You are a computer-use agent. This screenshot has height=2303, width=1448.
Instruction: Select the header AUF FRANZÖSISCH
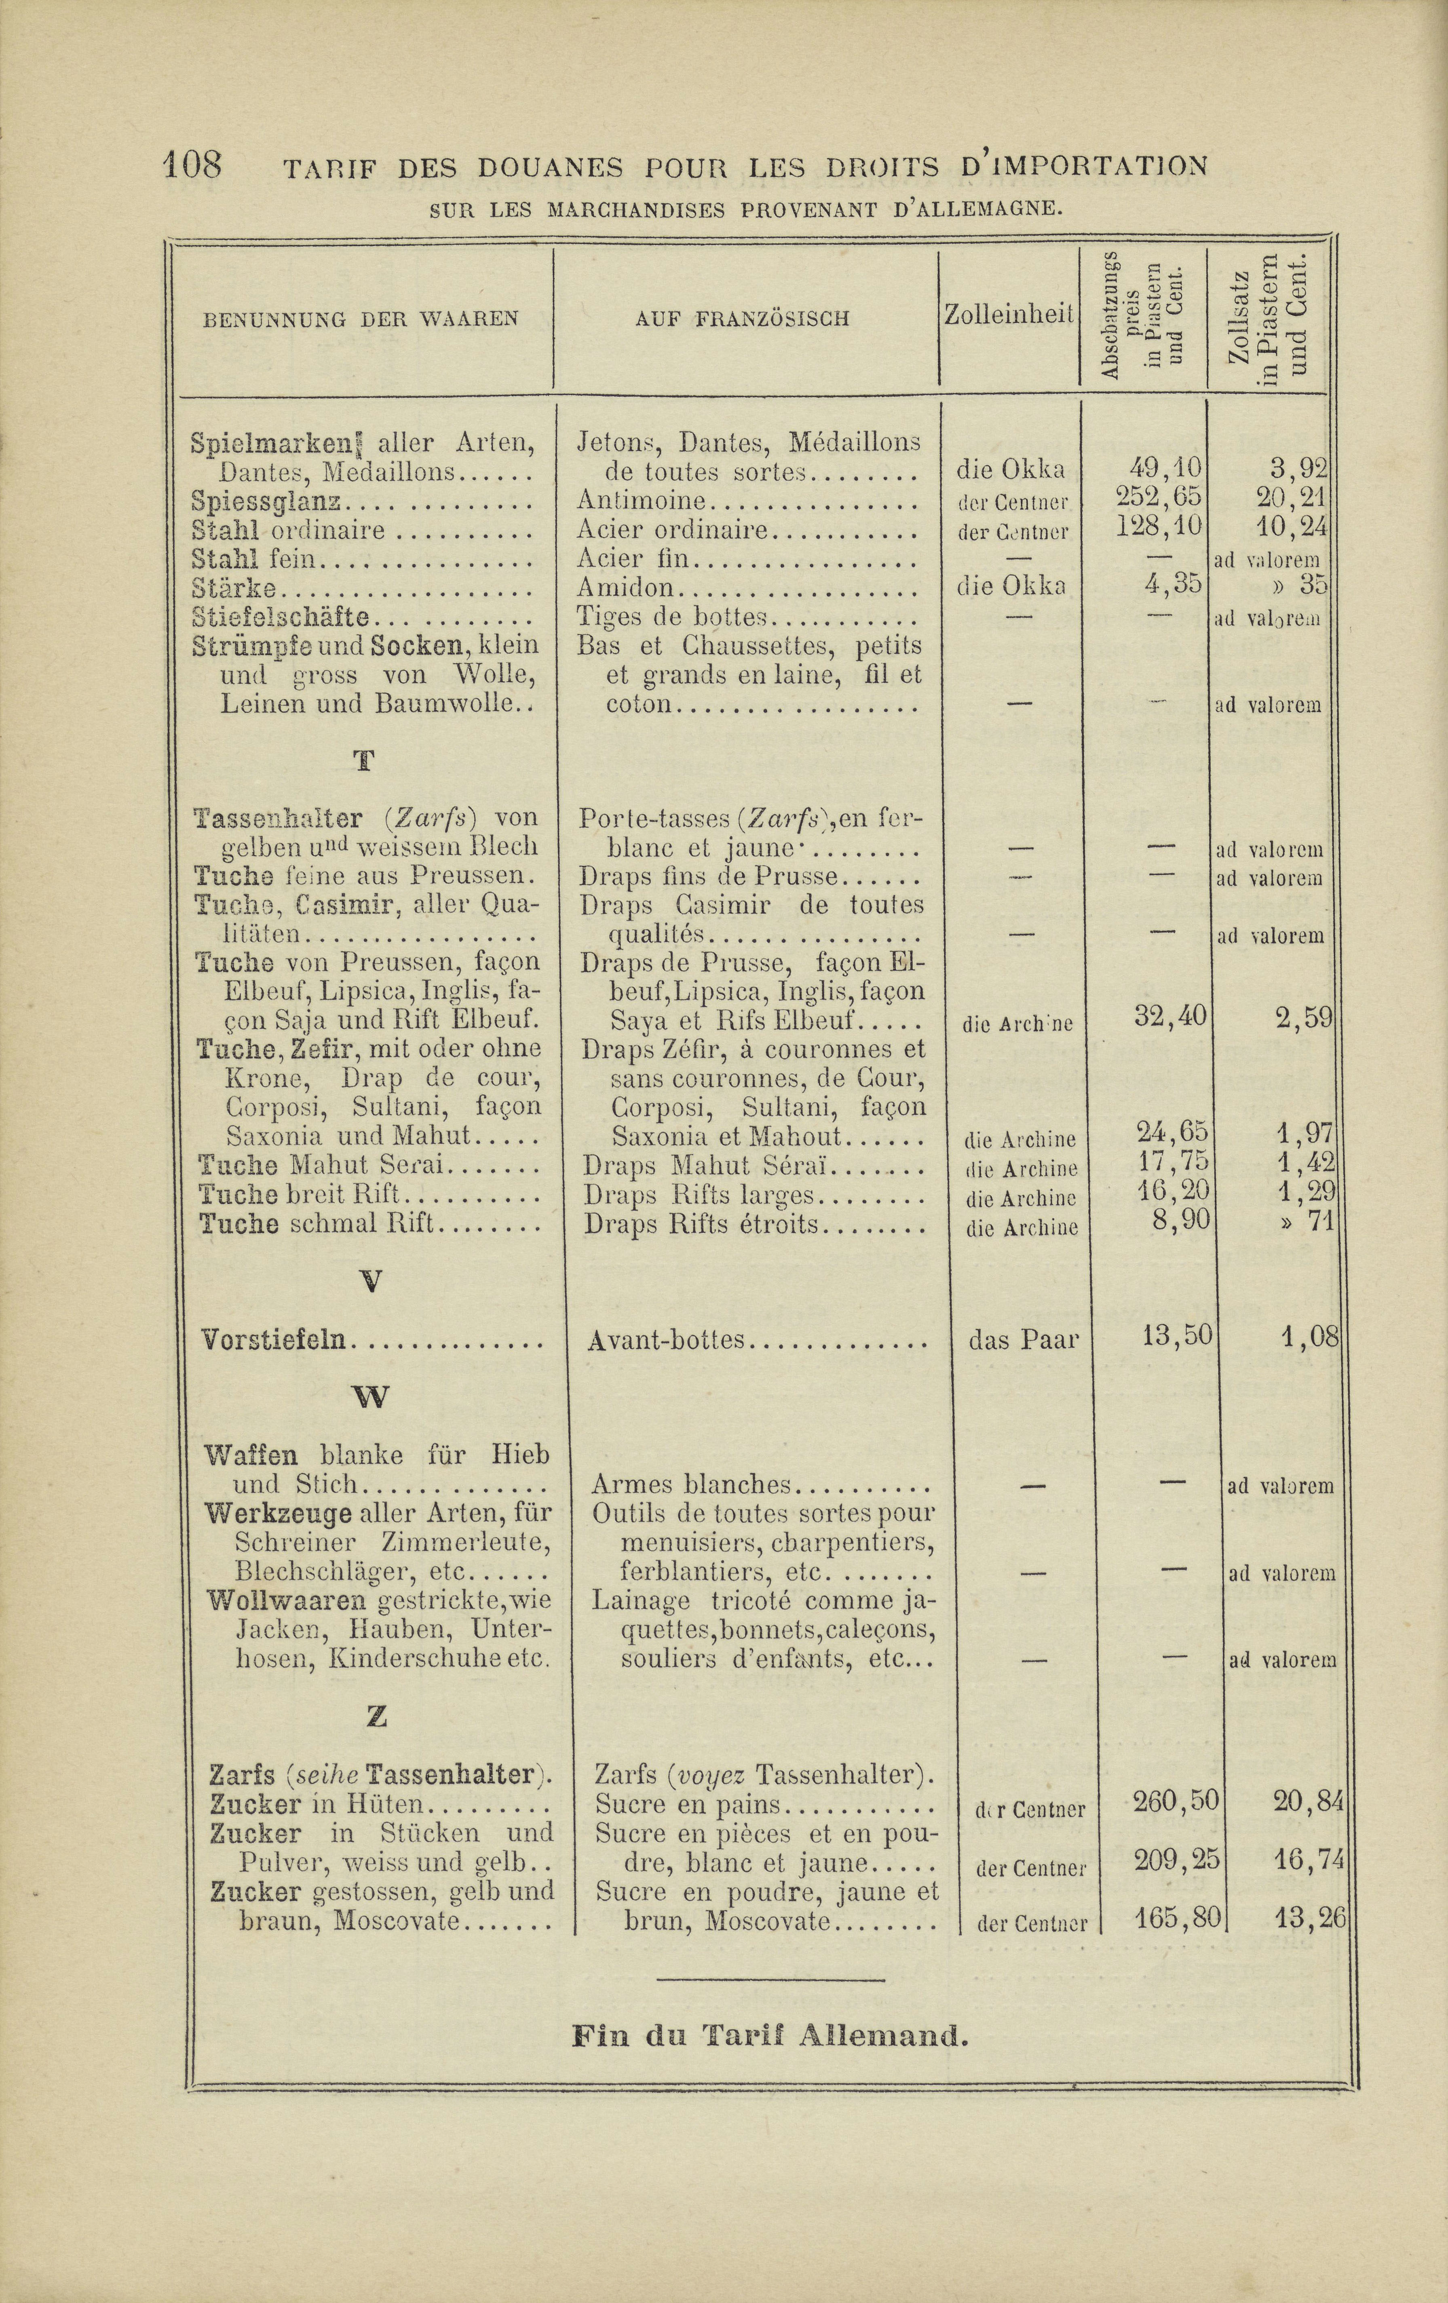pyautogui.click(x=742, y=319)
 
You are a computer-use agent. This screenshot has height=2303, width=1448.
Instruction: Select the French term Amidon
pyautogui.click(x=627, y=587)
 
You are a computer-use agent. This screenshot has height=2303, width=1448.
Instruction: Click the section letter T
pyautogui.click(x=363, y=762)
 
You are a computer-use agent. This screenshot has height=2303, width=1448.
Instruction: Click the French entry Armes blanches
pyautogui.click(x=690, y=1485)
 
